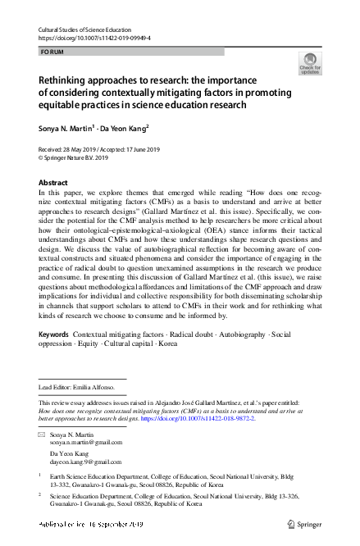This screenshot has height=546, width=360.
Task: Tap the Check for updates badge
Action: click(x=311, y=63)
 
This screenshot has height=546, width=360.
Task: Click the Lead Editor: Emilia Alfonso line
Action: click(x=78, y=385)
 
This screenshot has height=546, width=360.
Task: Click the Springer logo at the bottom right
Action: click(x=305, y=522)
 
